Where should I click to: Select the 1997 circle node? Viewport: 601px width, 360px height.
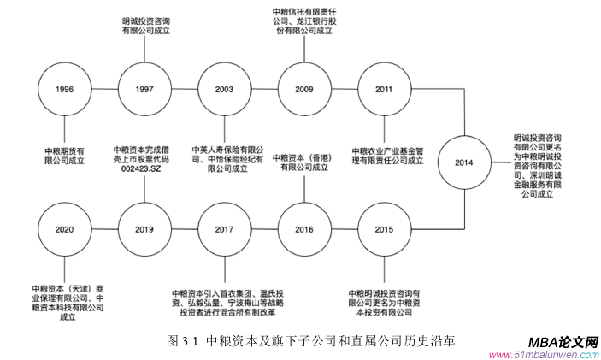pyautogui.click(x=144, y=89)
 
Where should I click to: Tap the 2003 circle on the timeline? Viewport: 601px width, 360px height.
pyautogui.click(x=224, y=89)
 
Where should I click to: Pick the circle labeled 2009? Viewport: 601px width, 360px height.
pyautogui.click(x=304, y=89)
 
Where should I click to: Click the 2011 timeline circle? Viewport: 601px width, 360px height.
pyautogui.click(x=385, y=89)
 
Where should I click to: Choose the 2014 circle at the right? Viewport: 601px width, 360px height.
pyautogui.click(x=463, y=162)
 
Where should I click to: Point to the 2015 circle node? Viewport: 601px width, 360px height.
pyautogui.click(x=385, y=230)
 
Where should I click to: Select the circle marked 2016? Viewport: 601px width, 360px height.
pyautogui.click(x=304, y=230)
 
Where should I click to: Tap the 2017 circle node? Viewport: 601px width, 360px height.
pyautogui.click(x=224, y=230)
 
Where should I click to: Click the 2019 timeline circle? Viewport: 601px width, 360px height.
pyautogui.click(x=144, y=230)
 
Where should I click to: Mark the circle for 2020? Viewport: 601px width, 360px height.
pyautogui.click(x=63, y=230)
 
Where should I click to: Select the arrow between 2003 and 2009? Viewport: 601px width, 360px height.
pyautogui.click(x=264, y=89)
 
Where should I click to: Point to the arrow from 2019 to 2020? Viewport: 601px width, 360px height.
pyautogui.click(x=103, y=230)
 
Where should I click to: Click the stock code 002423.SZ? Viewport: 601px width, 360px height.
pyautogui.click(x=143, y=168)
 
